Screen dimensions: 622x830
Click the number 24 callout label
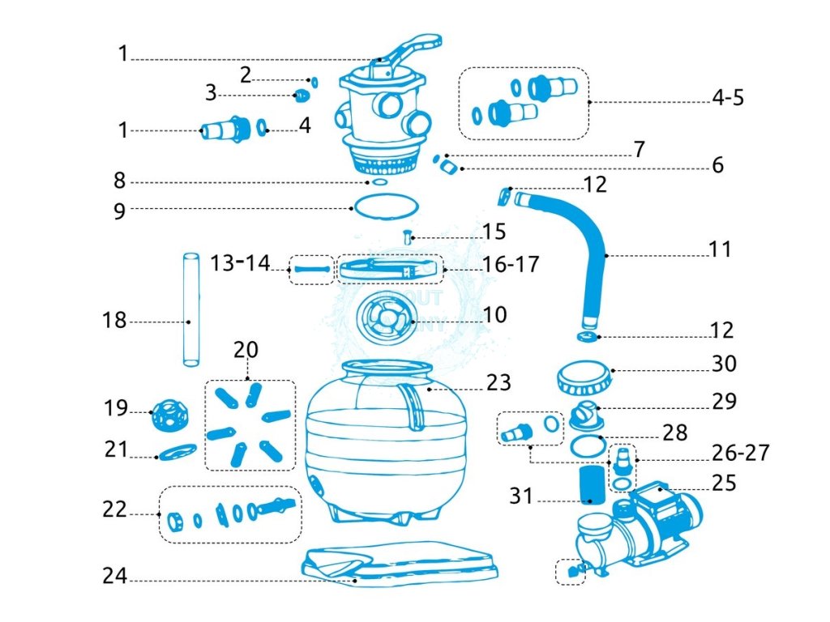[x=114, y=577]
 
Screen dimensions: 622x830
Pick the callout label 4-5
[x=727, y=99]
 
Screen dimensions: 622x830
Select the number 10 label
[x=494, y=314]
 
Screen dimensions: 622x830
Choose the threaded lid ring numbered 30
[x=585, y=377]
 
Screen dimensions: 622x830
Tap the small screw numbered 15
[x=409, y=238]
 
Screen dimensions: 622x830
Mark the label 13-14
[x=239, y=262]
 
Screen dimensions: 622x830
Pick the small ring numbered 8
[x=380, y=183]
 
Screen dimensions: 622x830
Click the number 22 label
[x=114, y=510]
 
